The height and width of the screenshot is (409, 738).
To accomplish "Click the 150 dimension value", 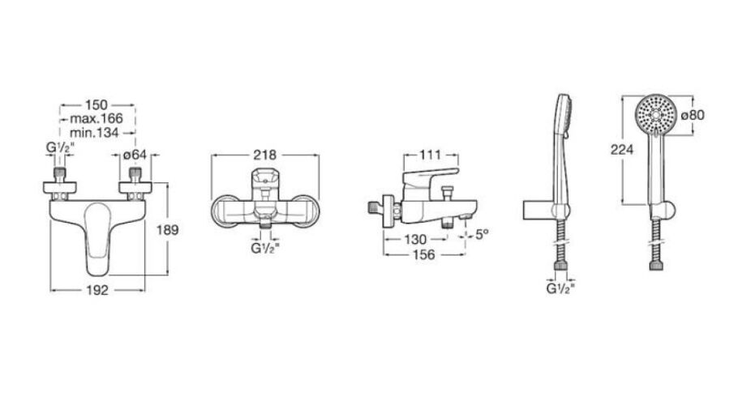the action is tap(96, 104).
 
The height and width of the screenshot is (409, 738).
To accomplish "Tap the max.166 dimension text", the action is tap(96, 118).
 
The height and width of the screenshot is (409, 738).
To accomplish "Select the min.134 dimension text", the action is tap(94, 133).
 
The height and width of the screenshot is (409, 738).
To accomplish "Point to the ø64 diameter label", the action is tap(135, 154).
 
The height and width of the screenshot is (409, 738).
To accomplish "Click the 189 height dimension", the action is tap(168, 230).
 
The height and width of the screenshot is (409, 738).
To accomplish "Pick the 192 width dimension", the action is tap(97, 290).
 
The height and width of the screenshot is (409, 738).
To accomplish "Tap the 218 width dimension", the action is tap(265, 155).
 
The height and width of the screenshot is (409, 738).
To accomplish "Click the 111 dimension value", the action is tap(430, 155).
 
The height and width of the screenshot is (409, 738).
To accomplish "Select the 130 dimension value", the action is tap(414, 240).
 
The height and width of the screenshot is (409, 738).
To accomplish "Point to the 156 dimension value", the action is tap(423, 255).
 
